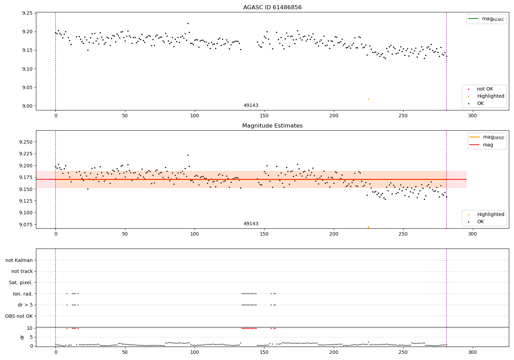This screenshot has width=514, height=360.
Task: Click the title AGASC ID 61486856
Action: [x=272, y=8]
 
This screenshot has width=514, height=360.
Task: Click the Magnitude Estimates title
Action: [x=272, y=126]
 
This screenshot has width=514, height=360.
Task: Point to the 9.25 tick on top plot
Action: [x=27, y=13]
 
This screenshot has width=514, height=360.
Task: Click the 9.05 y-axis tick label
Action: [x=27, y=87]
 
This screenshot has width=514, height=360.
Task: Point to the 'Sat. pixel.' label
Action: [x=21, y=283]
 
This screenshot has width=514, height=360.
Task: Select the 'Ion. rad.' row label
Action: [x=23, y=294]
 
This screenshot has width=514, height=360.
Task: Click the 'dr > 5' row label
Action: [x=25, y=305]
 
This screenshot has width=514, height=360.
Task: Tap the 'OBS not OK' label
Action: [x=19, y=316]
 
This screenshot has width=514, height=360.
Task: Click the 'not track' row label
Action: [x=22, y=271]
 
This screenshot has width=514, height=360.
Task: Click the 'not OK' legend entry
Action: [x=485, y=89]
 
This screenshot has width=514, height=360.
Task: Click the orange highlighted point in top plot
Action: [x=368, y=99]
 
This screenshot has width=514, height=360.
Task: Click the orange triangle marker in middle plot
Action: [x=368, y=227]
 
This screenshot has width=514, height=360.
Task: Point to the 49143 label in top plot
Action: [x=251, y=105]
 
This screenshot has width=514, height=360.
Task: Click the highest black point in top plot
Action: [x=188, y=23]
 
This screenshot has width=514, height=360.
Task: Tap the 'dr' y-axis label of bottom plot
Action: [x=22, y=337]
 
